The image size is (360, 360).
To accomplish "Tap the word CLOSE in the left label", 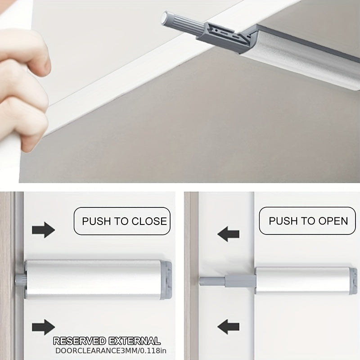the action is point(149,221).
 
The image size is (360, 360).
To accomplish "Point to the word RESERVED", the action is point(80,341).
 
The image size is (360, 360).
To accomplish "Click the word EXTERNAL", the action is point(134,341).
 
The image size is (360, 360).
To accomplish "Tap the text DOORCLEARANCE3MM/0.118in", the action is point(111,351).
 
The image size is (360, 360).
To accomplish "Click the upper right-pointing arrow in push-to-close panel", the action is point(43,230).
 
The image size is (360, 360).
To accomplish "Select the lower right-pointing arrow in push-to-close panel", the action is point(43,327).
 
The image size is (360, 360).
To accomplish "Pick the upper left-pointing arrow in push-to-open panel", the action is point(228,234).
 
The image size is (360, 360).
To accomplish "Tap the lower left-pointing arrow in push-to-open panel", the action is point(228,327).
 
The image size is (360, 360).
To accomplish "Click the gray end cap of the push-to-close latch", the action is point(166,280).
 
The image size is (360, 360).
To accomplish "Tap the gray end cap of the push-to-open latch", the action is point(353,280).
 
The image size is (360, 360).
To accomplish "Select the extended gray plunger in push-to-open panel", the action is point(227,281).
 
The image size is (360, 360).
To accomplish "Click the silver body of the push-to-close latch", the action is point(93,279).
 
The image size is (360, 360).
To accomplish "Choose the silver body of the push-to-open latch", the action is point(302,280).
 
